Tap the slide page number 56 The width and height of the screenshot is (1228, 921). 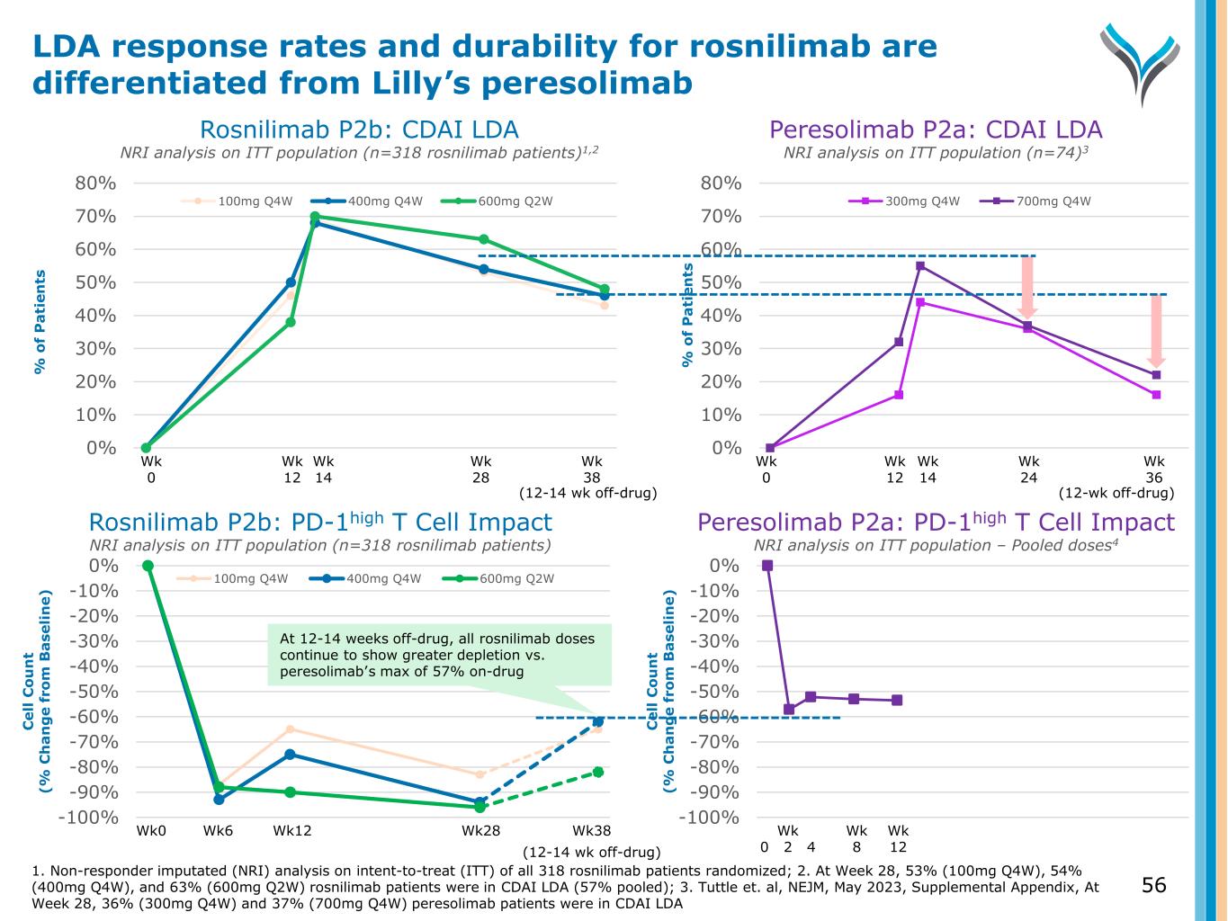1153,885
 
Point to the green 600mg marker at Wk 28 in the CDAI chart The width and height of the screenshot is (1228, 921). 484,239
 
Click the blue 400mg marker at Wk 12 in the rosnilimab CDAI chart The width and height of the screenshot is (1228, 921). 291,282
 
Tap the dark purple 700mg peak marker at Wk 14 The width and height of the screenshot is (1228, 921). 920,265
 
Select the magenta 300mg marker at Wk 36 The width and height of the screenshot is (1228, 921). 1156,395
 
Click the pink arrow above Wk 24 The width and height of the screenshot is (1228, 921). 1027,286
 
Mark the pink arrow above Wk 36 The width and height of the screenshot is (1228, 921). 1156,329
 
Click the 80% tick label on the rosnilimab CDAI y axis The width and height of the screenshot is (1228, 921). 94,183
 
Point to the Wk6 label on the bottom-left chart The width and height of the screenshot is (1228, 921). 218,830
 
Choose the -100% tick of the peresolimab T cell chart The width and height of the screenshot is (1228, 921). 709,818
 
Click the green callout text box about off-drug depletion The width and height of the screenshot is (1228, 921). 439,655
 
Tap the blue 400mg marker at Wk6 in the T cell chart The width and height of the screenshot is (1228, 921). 219,799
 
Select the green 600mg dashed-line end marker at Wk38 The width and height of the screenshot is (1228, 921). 597,772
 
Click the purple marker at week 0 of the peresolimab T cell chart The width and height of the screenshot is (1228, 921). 767,566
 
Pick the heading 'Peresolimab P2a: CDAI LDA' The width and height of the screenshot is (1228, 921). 936,130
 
